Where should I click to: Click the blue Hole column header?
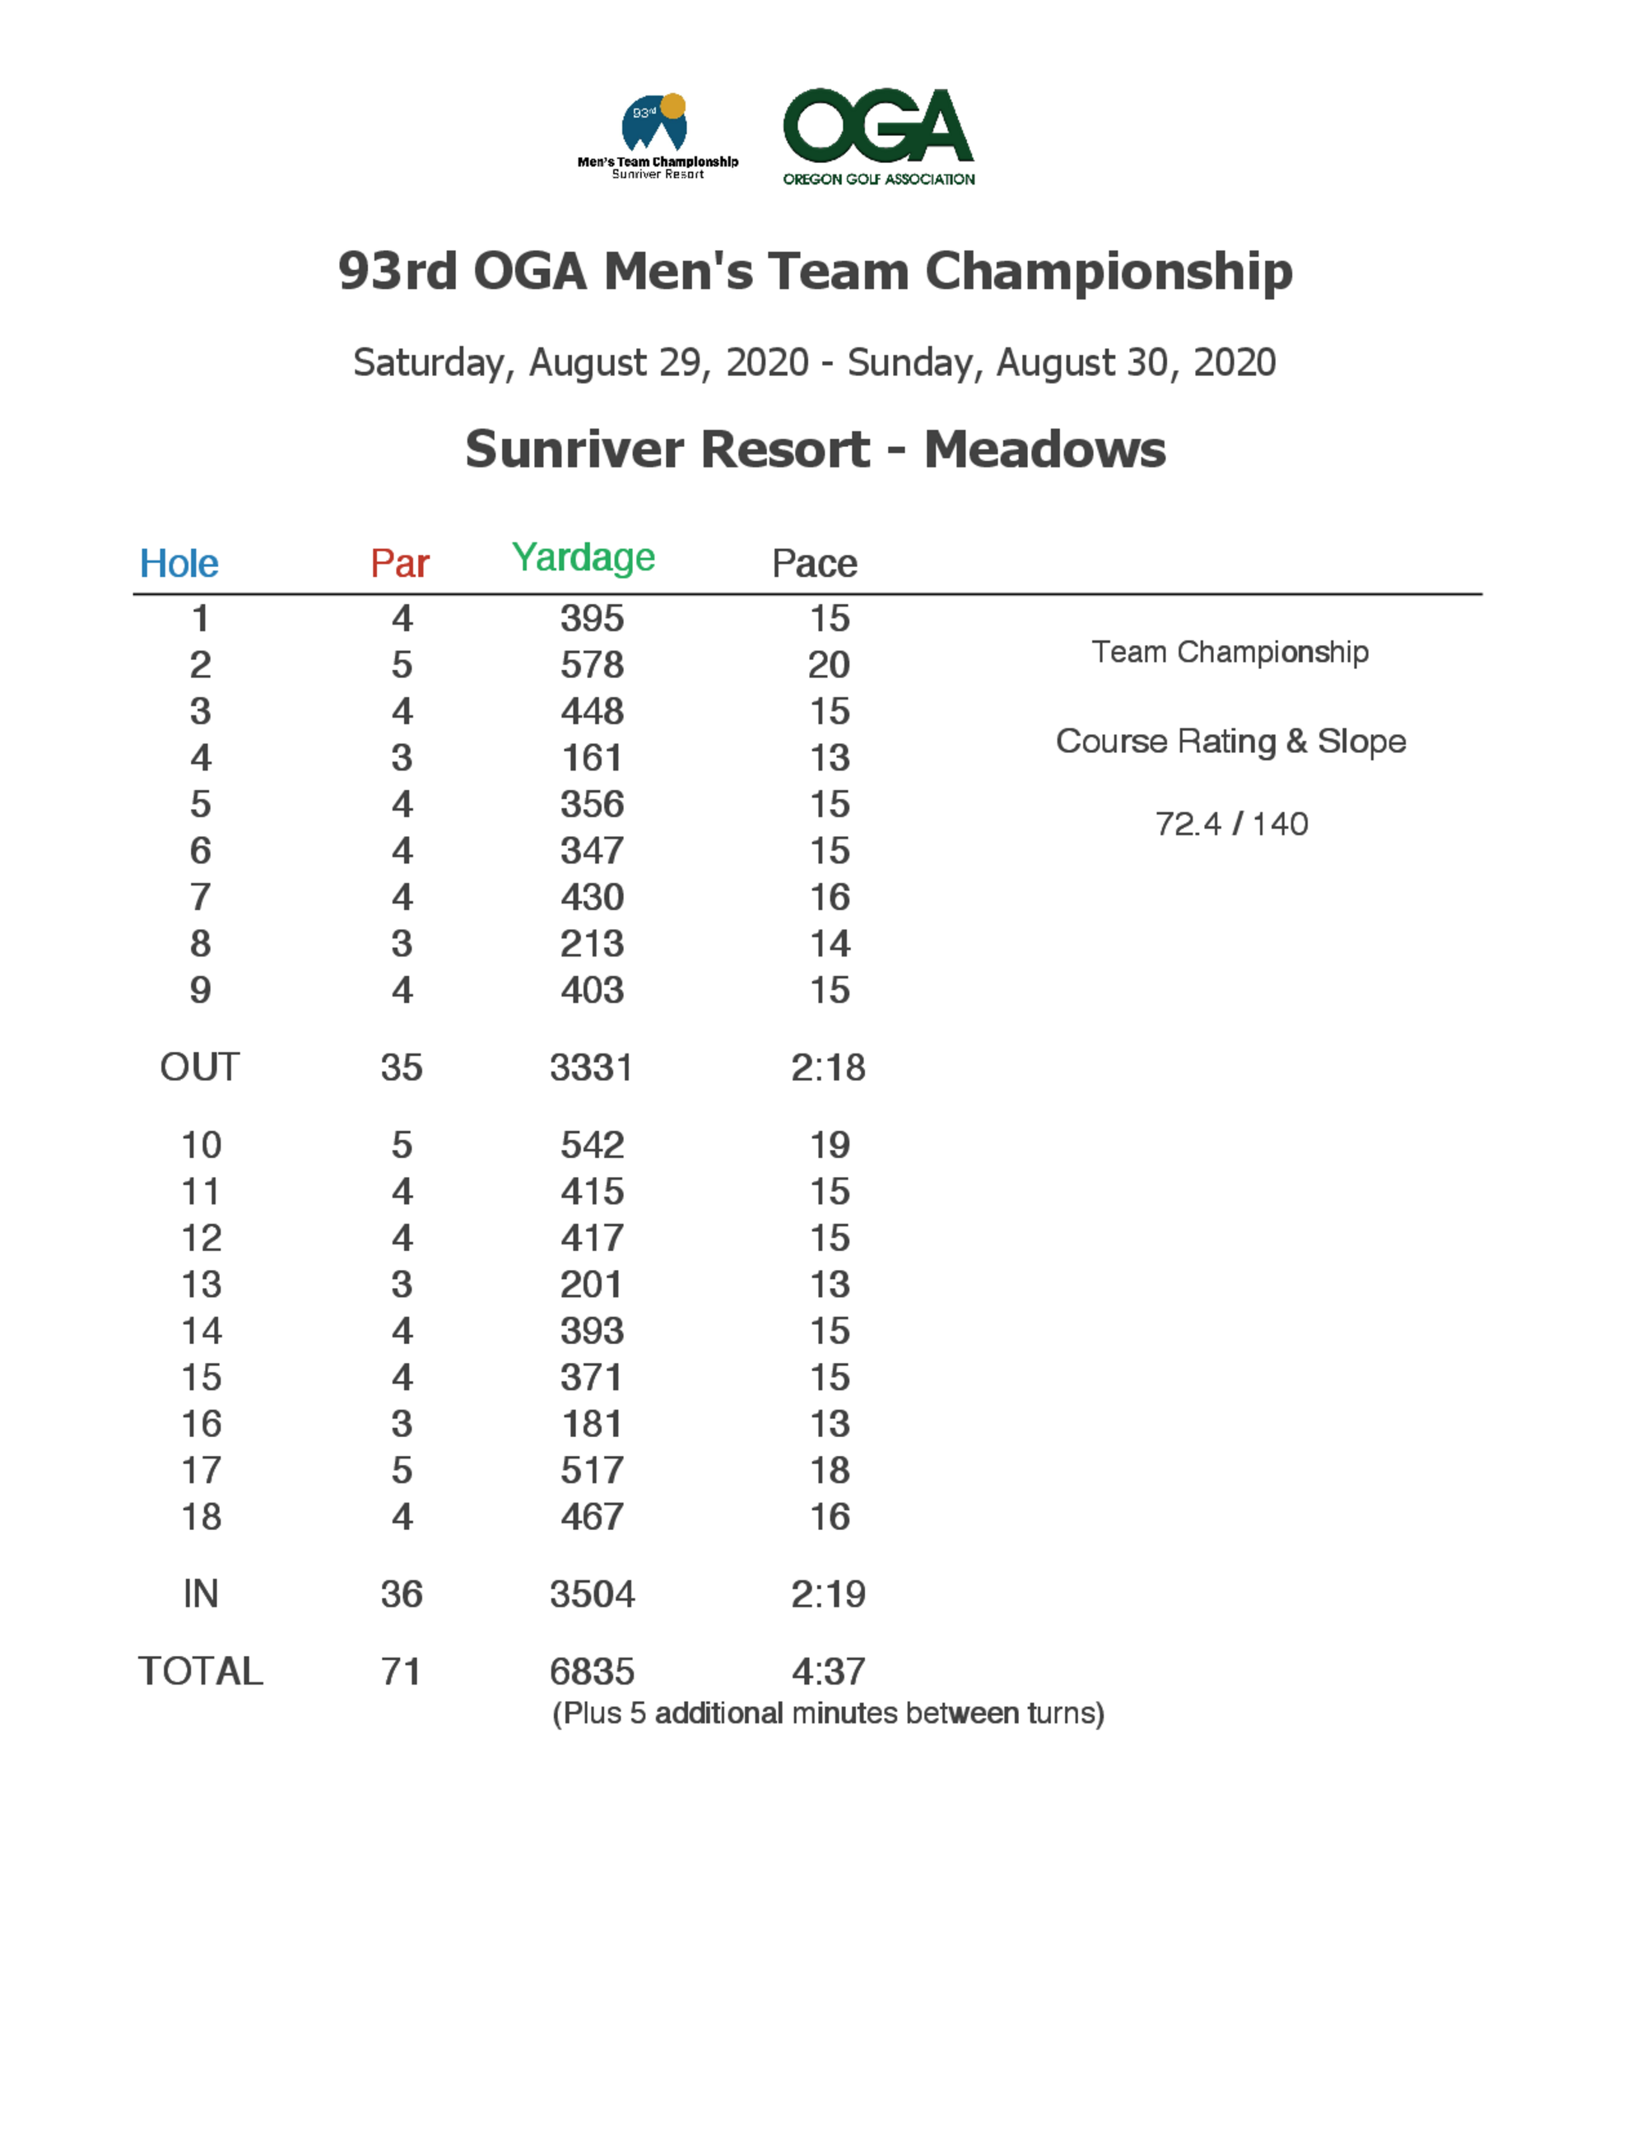(x=179, y=563)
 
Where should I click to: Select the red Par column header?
(x=400, y=563)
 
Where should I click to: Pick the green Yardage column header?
(x=584, y=557)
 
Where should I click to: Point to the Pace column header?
(x=814, y=563)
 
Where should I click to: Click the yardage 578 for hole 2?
(x=592, y=664)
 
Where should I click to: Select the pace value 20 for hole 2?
(x=829, y=664)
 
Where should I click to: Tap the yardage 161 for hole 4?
(x=592, y=757)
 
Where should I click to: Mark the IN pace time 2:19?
(x=828, y=1593)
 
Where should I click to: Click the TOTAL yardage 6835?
(x=592, y=1672)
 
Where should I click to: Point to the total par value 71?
(x=401, y=1672)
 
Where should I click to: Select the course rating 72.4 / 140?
(x=1231, y=824)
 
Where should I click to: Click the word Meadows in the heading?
(x=1044, y=449)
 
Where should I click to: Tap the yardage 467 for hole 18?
(x=592, y=1517)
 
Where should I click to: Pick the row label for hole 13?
(x=201, y=1285)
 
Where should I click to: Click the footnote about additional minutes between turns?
(x=828, y=1714)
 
